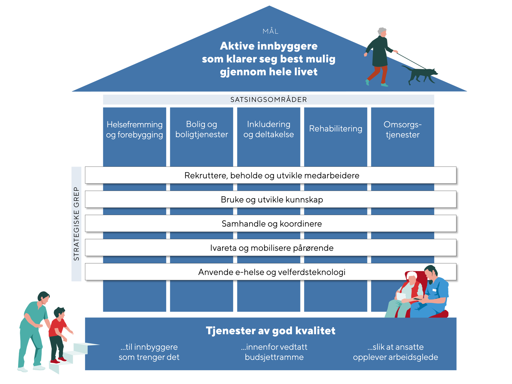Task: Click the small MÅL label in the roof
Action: pos(270,31)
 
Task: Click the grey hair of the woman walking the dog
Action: pos(382,31)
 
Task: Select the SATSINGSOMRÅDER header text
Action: pos(269,100)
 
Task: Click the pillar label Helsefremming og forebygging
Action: pos(135,129)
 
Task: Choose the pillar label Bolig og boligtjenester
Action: pos(201,129)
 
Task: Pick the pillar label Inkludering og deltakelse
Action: pos(268,129)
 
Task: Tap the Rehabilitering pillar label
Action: pos(335,128)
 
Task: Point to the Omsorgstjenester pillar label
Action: pos(402,129)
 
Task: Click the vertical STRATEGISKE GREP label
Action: pos(76,224)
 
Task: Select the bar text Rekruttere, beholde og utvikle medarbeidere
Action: pos(272,175)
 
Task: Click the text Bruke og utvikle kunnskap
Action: pos(272,200)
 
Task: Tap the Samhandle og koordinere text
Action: pos(272,224)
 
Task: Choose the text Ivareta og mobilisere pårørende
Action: pos(272,248)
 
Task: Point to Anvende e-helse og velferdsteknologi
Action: pos(272,272)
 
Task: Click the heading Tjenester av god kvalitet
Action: pos(270,331)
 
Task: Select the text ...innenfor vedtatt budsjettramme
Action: pos(274,352)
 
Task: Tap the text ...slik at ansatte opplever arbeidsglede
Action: pos(395,352)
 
